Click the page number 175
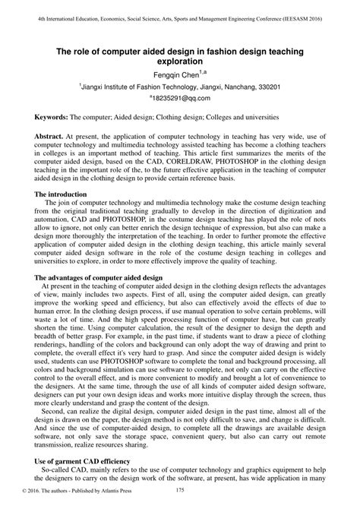point(179,497)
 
